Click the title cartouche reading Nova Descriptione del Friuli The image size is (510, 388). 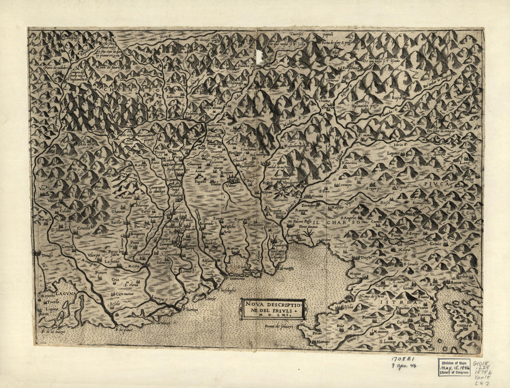coord(272,309)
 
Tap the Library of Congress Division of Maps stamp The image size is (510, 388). coord(454,367)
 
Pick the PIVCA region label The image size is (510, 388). coord(435,184)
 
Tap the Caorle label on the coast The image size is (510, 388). coord(211,298)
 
